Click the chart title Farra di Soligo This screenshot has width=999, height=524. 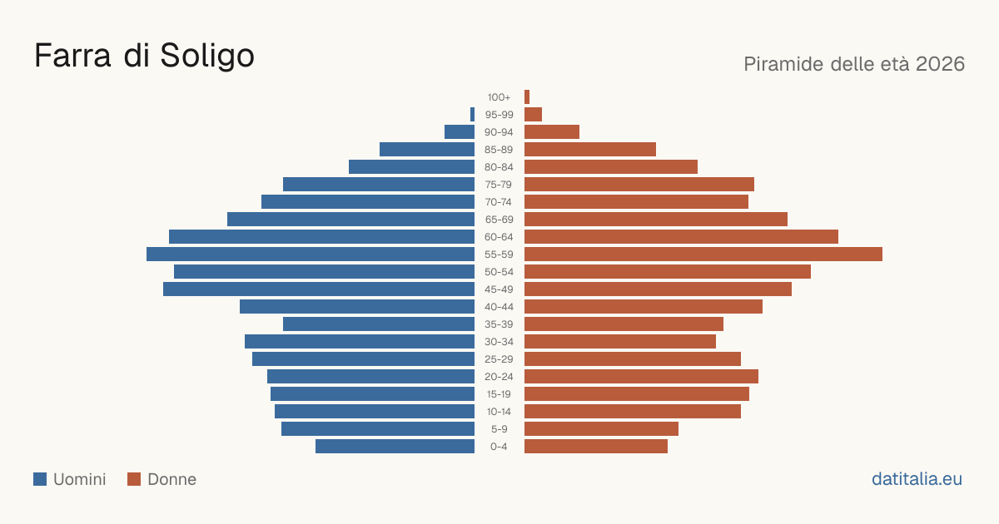pyautogui.click(x=144, y=57)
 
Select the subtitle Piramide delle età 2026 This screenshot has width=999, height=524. pyautogui.click(x=854, y=64)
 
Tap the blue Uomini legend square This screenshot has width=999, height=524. pyautogui.click(x=40, y=479)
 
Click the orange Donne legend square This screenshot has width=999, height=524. pyautogui.click(x=134, y=479)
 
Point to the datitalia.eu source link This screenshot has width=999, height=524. pyautogui.click(x=917, y=479)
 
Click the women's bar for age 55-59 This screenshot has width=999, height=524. pyautogui.click(x=703, y=254)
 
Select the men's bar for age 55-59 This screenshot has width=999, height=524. pyautogui.click(x=311, y=254)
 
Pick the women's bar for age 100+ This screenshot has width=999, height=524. pyautogui.click(x=527, y=96)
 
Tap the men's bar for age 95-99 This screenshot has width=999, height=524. pyautogui.click(x=472, y=115)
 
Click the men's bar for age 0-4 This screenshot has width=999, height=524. pyautogui.click(x=395, y=446)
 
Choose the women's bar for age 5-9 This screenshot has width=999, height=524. pyautogui.click(x=601, y=428)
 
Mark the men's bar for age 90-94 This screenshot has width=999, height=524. pyautogui.click(x=460, y=132)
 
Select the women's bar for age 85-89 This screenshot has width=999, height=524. pyautogui.click(x=590, y=149)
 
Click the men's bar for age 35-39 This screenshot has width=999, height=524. pyautogui.click(x=379, y=324)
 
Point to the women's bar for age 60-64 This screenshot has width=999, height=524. pyautogui.click(x=681, y=236)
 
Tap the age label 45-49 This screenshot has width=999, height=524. pyautogui.click(x=499, y=289)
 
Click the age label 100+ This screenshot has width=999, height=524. pyautogui.click(x=499, y=97)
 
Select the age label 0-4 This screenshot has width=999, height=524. pyautogui.click(x=499, y=447)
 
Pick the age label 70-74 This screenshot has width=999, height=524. pyautogui.click(x=499, y=202)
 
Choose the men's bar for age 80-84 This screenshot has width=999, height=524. pyautogui.click(x=411, y=166)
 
